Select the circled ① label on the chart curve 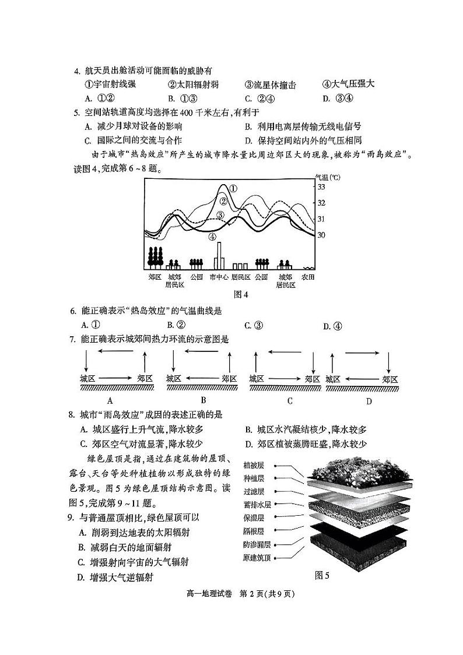click(x=233, y=188)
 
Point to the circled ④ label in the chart click(x=212, y=237)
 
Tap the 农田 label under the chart click(x=308, y=277)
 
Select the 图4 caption click(x=241, y=294)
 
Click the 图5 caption click(x=322, y=575)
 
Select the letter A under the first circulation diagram click(x=109, y=401)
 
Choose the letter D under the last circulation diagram click(x=369, y=402)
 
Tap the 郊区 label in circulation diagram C click(x=313, y=379)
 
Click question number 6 click(x=72, y=311)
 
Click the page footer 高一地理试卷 click(x=209, y=594)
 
